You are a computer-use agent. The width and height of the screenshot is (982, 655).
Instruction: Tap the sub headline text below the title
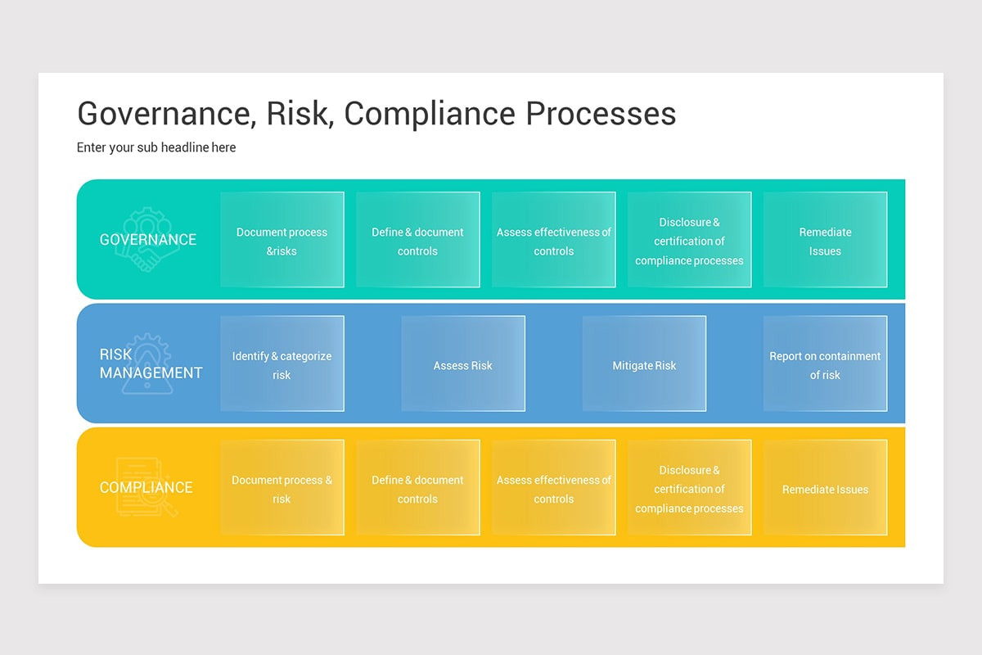[x=156, y=147]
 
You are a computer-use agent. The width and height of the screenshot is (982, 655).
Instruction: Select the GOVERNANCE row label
[x=148, y=240]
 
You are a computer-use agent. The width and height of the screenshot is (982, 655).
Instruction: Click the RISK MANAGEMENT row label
[x=151, y=364]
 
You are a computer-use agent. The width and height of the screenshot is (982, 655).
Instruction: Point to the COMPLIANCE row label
[x=146, y=488]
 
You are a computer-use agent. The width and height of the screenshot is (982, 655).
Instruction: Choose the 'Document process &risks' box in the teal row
[x=282, y=240]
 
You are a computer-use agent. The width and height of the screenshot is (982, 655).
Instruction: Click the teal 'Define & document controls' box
[x=418, y=240]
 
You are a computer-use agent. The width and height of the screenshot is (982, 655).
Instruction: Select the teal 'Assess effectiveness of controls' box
[x=554, y=240]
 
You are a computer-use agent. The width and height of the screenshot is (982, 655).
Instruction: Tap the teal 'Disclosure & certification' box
[x=690, y=240]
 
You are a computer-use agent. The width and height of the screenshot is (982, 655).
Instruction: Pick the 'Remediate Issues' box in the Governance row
[x=825, y=240]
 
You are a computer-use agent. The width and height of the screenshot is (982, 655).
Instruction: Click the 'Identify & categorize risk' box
[x=282, y=364]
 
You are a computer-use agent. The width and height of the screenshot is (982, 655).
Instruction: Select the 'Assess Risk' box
[x=463, y=364]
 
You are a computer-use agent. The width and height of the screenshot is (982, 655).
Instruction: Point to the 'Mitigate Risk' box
[x=644, y=364]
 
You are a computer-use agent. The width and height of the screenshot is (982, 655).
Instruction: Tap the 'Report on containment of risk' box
[x=825, y=364]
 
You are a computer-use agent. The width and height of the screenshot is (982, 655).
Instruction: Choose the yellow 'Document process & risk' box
[x=282, y=488]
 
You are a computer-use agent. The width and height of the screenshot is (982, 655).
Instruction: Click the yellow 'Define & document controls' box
[x=418, y=488]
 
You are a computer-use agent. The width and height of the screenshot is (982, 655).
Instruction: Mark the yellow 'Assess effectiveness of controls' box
[x=554, y=488]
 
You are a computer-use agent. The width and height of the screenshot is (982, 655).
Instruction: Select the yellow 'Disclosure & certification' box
[x=690, y=488]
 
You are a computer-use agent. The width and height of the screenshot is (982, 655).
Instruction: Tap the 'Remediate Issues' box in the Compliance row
[x=825, y=488]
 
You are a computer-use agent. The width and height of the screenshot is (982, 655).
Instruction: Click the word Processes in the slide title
[x=601, y=114]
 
